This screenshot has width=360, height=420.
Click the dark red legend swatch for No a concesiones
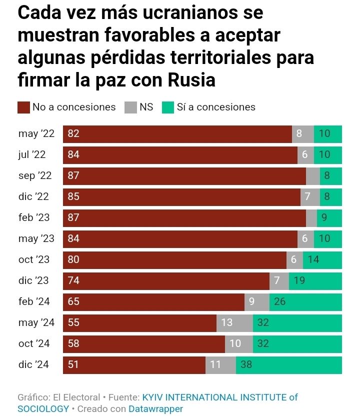point(23,107)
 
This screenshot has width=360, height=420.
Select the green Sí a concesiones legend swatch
point(168,107)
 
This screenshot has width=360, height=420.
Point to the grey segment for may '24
point(234,322)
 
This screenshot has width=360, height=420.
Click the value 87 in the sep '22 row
point(73,176)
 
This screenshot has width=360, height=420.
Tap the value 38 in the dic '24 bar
point(246,364)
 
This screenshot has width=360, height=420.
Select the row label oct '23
point(33,260)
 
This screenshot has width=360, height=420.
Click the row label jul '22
point(31,155)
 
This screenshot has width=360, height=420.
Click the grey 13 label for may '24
point(227,322)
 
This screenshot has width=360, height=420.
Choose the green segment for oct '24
point(297,343)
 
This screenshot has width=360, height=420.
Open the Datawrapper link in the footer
point(155,408)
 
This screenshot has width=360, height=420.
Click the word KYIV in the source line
point(154,397)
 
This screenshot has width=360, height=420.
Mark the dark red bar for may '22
point(177,134)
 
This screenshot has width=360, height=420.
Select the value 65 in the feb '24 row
point(73,302)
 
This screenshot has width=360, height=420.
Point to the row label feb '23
point(33,218)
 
